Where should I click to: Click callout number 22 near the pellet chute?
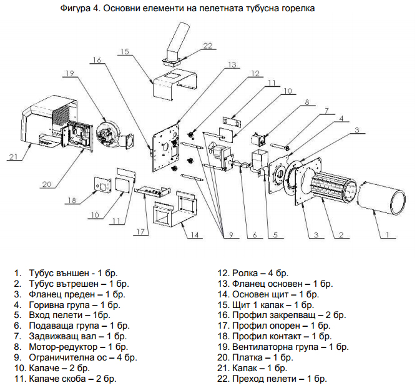208,46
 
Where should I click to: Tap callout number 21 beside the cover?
13,157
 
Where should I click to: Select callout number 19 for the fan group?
70,73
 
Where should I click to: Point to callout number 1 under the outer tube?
388,235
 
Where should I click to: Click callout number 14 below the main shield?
195,235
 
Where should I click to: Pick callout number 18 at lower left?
72,200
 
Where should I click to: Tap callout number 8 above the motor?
307,102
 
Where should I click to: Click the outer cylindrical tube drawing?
381,197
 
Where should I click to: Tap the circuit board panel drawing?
78,136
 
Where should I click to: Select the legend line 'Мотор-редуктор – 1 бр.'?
79,347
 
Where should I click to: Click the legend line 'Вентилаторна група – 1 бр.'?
290,347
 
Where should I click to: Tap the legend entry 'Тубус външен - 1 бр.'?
73,273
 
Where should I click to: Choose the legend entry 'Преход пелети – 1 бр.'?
280,379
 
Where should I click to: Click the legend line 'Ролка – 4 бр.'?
260,273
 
